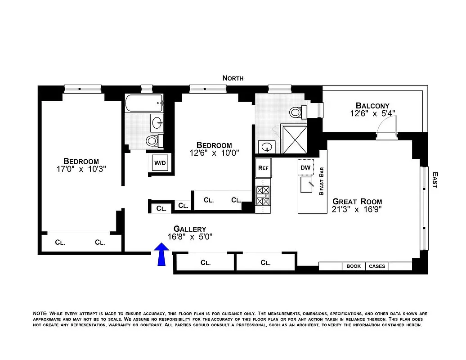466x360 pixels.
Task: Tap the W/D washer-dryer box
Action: point(160,163)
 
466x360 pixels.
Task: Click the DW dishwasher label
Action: point(305,168)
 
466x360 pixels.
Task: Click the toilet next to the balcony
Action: point(297,112)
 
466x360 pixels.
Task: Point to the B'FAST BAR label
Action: point(321,181)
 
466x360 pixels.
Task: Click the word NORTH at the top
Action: point(233,78)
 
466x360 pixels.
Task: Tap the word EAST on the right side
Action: point(435,180)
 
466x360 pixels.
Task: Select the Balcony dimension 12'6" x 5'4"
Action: point(372,114)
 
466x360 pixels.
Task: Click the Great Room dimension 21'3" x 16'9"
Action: point(357,209)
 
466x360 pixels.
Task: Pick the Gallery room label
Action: point(190,229)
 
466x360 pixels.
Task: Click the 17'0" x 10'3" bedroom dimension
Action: point(81,169)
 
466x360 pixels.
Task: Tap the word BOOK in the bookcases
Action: point(354,266)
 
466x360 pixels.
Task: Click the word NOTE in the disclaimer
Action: point(40,313)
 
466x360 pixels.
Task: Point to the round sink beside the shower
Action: point(268,147)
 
